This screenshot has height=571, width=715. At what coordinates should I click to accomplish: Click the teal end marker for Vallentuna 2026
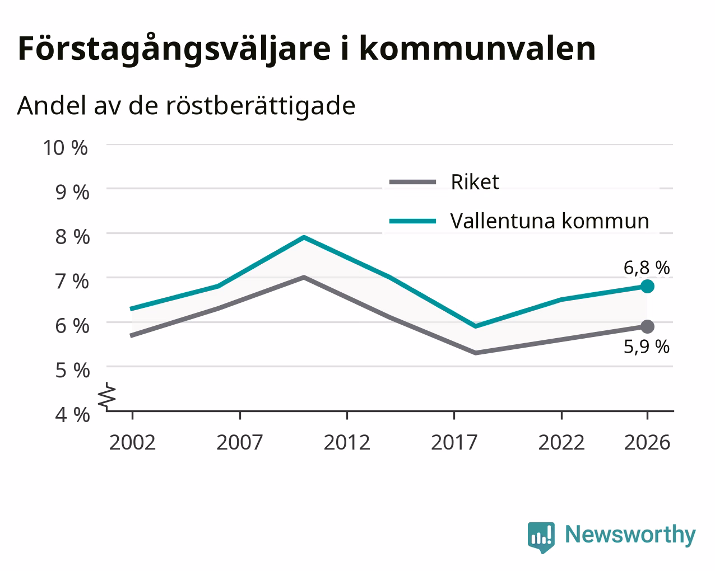(x=647, y=286)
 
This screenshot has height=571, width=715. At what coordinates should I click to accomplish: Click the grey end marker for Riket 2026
(x=647, y=327)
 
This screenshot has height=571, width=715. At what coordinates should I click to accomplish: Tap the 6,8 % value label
(x=647, y=268)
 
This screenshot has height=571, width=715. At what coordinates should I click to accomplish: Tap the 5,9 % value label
(x=647, y=347)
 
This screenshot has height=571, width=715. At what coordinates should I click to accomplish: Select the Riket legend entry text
(x=475, y=182)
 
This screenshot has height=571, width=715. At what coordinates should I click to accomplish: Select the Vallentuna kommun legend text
(x=550, y=221)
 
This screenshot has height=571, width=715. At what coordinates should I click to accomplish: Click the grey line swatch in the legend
(x=412, y=182)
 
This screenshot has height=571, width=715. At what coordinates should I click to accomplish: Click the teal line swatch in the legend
(x=412, y=221)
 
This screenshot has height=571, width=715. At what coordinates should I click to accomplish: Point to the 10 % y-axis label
(x=66, y=148)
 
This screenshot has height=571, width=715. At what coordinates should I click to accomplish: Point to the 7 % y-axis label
(x=72, y=282)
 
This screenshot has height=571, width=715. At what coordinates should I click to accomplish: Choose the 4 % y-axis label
(x=72, y=415)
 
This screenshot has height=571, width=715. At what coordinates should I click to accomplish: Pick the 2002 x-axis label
(x=132, y=442)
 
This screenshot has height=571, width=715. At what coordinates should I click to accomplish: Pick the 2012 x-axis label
(x=347, y=442)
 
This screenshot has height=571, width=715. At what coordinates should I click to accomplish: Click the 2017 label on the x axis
(x=454, y=442)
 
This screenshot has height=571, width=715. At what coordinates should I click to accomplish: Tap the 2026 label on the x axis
(x=647, y=442)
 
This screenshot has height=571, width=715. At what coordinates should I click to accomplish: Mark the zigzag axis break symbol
(x=107, y=395)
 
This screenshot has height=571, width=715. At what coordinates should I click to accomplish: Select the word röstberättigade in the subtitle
(x=261, y=106)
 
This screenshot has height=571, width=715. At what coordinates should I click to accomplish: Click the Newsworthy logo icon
(x=541, y=537)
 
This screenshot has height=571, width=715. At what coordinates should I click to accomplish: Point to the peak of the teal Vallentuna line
(x=304, y=237)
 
